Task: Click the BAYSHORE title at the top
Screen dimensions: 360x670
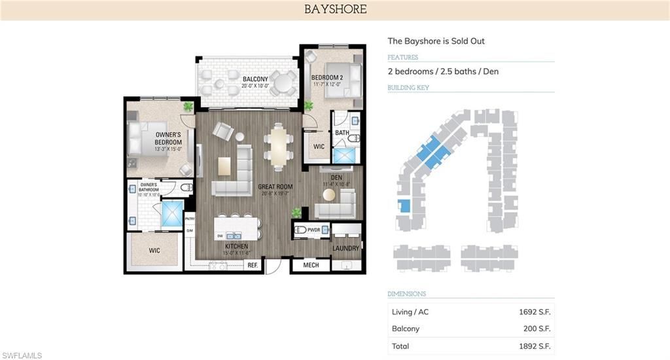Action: point(335,10)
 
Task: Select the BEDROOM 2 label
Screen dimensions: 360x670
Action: point(326,78)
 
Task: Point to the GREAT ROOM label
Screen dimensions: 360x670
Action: point(275,187)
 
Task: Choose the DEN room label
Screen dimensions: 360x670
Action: point(337,177)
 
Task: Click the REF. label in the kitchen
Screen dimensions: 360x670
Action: point(253,265)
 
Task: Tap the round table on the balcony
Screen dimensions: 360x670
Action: point(284,83)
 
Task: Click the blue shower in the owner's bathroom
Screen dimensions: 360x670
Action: point(172,214)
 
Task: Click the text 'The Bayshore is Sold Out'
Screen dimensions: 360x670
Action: point(436,41)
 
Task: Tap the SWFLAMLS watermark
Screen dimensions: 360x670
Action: point(22,355)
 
